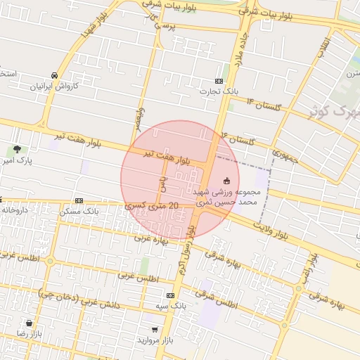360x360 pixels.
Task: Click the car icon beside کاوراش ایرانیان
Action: (x=54, y=75)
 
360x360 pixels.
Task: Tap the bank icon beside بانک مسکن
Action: (x=79, y=200)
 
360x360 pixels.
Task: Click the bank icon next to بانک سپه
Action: (x=170, y=297)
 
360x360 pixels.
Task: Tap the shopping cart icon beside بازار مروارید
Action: (x=155, y=329)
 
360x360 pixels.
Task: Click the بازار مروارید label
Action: (x=155, y=340)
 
